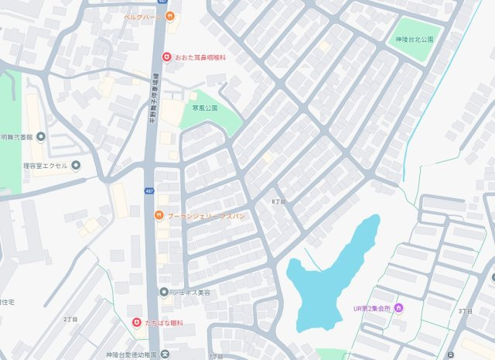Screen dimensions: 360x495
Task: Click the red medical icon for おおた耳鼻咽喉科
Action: pyautogui.click(x=166, y=57)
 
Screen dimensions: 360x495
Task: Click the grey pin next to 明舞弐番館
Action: pyautogui.click(x=41, y=137)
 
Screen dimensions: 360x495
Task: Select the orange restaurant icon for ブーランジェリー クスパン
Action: pyautogui.click(x=159, y=216)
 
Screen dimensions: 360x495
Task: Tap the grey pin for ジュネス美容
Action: pyautogui.click(x=163, y=292)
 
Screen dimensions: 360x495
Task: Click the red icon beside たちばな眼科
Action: pyautogui.click(x=136, y=322)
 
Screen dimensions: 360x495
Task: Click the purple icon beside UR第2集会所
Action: pyautogui.click(x=398, y=309)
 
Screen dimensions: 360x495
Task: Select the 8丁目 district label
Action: pyautogui.click(x=278, y=201)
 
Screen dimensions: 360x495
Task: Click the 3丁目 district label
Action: pyautogui.click(x=465, y=310)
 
